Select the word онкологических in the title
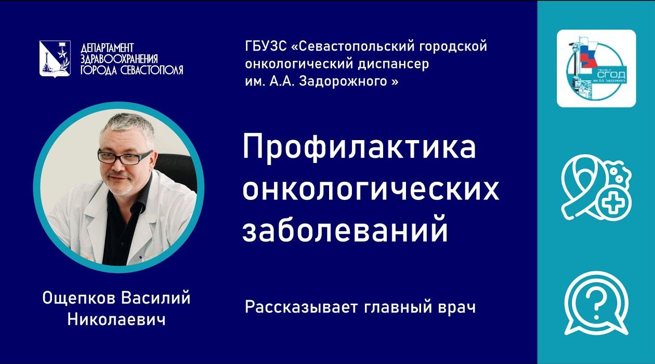(x=371, y=190)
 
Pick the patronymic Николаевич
(x=116, y=319)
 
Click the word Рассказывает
(x=298, y=307)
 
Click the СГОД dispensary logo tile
(x=596, y=69)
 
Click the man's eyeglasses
(x=126, y=157)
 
